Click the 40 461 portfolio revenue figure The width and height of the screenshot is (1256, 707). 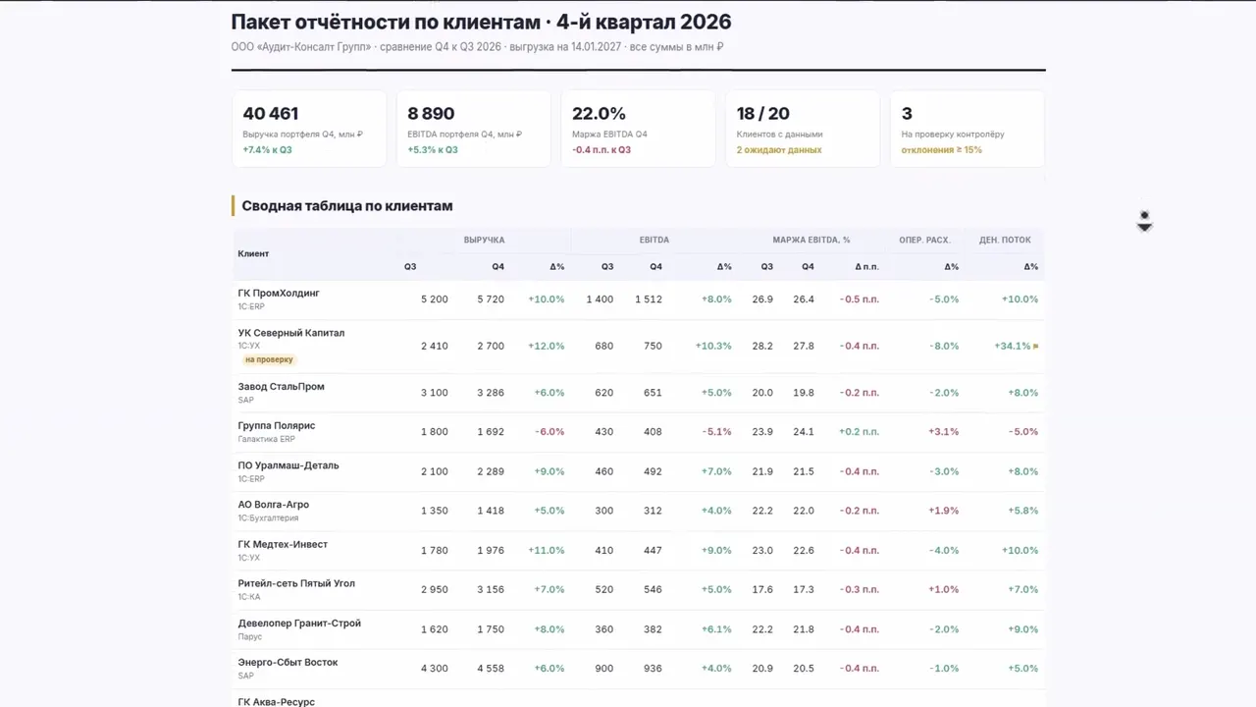[x=270, y=113]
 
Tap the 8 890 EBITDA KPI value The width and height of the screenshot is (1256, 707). [x=431, y=113]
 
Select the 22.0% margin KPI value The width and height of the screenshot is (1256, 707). [x=599, y=113]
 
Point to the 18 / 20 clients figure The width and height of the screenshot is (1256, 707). [x=762, y=113]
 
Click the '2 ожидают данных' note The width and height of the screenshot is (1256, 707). [x=779, y=150]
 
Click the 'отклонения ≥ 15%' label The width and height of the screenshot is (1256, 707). [x=941, y=150]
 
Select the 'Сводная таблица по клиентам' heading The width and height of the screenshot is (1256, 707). [x=347, y=206]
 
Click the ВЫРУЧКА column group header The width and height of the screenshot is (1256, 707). [x=484, y=240]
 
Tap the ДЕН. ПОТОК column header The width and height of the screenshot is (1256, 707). [x=1005, y=240]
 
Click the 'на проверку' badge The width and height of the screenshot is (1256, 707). [x=269, y=359]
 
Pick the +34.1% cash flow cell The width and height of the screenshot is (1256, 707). [x=1012, y=346]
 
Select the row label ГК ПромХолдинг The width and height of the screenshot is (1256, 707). [x=279, y=293]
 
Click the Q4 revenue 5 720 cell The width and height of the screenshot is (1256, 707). [x=491, y=299]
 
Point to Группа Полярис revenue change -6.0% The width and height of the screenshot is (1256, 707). [x=549, y=431]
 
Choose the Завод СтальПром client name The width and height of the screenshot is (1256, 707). [x=281, y=386]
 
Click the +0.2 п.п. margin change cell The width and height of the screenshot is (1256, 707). [x=859, y=431]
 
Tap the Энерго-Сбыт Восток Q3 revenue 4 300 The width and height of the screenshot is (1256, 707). [x=435, y=669]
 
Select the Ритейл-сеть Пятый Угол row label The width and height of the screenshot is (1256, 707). [x=296, y=583]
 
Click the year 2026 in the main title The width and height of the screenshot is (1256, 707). [x=706, y=22]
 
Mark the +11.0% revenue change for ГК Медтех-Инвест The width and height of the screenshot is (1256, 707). [x=547, y=550]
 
